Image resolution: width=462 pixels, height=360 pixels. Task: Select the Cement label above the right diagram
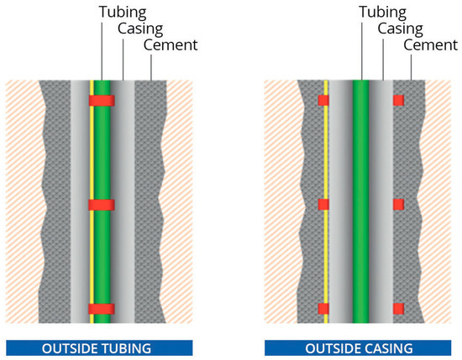[x=431, y=44]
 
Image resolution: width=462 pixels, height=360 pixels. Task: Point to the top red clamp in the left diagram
[x=101, y=102]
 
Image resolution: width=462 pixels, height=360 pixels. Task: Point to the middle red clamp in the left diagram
[x=101, y=206]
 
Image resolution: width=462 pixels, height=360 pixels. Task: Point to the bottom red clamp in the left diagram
[x=101, y=309]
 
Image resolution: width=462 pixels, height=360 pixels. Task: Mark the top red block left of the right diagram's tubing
[x=323, y=101]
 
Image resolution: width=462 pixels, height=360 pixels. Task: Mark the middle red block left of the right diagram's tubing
[x=323, y=205]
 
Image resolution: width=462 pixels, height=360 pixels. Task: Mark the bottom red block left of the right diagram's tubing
[x=323, y=308]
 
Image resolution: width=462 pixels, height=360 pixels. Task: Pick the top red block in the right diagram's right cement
[x=398, y=101]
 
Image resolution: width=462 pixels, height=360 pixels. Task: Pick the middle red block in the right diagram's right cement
[x=398, y=205]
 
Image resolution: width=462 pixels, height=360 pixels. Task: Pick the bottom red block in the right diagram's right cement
[x=398, y=308]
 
